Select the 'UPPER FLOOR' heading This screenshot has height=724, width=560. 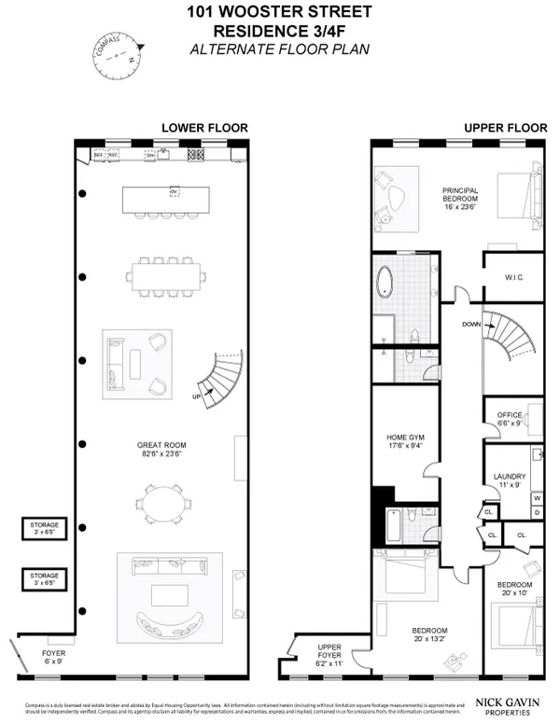click(x=494, y=127)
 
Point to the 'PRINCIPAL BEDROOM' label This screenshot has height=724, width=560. click(x=460, y=194)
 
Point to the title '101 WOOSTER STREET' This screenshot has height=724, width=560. click(x=281, y=12)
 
